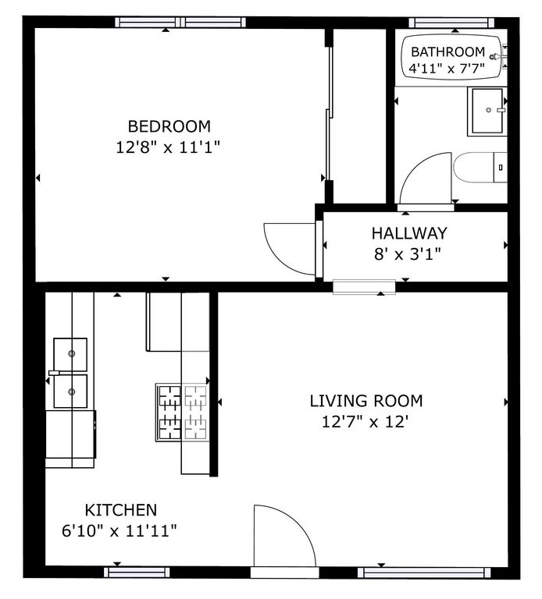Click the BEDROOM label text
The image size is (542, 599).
(x=169, y=126)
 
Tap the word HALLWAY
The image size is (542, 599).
(x=408, y=232)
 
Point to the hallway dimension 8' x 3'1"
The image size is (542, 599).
(x=408, y=253)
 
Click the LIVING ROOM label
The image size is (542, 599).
(x=365, y=401)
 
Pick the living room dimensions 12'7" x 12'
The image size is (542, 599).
(x=365, y=422)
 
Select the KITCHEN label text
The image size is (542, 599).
(x=120, y=510)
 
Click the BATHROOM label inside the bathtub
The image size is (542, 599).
(x=448, y=53)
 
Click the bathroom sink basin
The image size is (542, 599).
(x=488, y=112)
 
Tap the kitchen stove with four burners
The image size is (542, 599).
(x=182, y=413)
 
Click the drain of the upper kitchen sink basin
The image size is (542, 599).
(x=72, y=353)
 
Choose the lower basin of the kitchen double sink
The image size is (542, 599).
(x=70, y=392)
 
